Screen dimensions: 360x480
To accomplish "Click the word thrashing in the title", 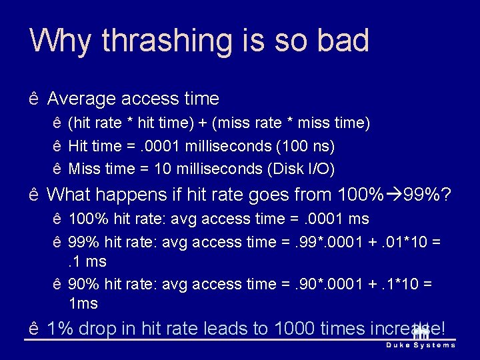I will (156, 41).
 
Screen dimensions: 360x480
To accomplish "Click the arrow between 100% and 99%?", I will (394, 195).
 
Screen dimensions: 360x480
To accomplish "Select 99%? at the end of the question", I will (427, 195).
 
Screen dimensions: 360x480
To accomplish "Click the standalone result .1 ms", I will (87, 261).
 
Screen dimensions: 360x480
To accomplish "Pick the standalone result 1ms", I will (83, 304).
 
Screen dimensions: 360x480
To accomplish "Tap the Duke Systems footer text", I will (421, 345).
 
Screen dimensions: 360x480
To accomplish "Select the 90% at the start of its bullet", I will (83, 285).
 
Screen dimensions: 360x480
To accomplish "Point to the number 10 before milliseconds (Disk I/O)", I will (162, 169).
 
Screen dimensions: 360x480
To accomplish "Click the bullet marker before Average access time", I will (34, 100).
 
